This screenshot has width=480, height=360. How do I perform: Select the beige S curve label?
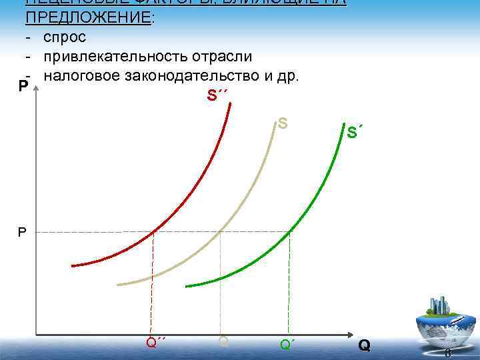coord(283,123)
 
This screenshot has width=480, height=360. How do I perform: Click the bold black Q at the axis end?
coord(364,345)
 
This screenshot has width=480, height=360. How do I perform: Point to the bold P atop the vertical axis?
coord(23,87)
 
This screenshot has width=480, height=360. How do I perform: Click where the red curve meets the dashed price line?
coord(154,232)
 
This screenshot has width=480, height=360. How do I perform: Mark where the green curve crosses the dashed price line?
coord(289,232)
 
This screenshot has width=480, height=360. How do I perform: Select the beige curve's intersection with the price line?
coord(221,232)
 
